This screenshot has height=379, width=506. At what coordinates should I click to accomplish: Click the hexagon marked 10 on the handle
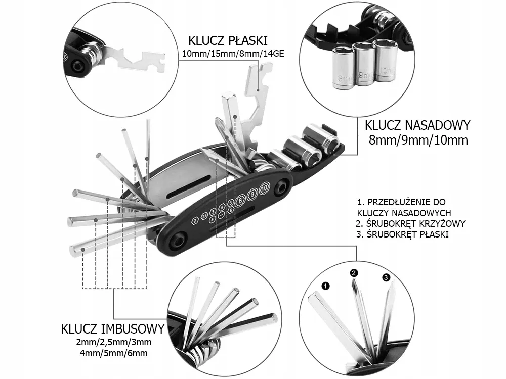264,189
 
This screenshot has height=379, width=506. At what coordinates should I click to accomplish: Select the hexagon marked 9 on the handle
252,194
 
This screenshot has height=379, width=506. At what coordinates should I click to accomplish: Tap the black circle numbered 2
354,273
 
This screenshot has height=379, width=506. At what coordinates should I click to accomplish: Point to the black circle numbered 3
386,277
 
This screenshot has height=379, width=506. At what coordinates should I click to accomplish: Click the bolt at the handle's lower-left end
179,241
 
